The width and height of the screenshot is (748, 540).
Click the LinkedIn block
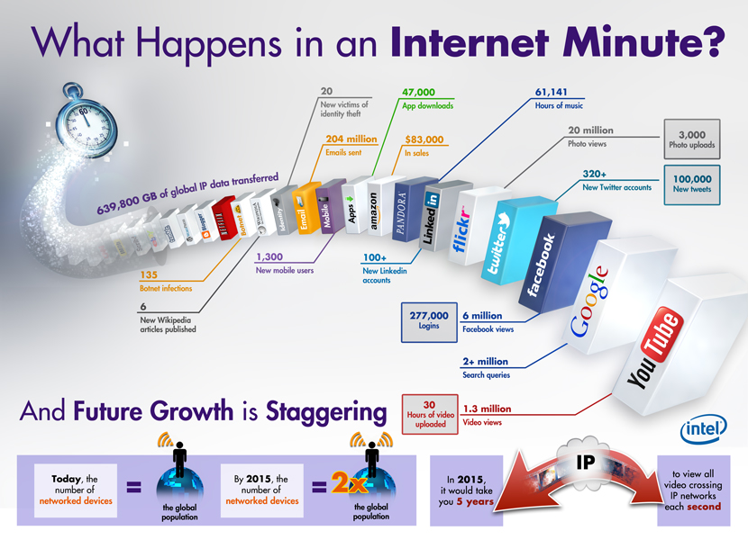pos(433,214)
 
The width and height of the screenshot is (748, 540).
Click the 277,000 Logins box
pos(429,322)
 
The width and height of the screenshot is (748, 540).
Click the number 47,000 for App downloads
pos(419,92)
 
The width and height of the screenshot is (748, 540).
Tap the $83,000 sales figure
pos(424,139)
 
